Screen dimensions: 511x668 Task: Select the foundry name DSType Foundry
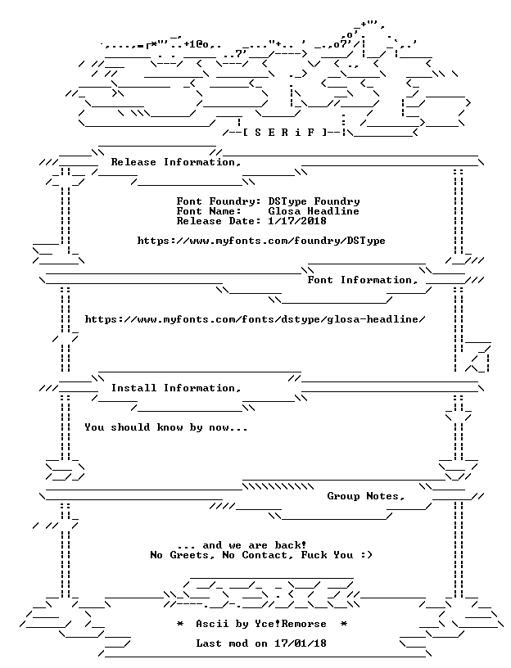click(x=314, y=201)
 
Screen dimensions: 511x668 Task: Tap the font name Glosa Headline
click(x=314, y=211)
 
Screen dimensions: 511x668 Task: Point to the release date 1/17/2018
click(x=297, y=221)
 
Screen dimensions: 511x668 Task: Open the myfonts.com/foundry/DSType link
click(x=261, y=241)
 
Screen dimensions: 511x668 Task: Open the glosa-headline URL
click(x=255, y=319)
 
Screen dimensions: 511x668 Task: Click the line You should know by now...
click(x=165, y=427)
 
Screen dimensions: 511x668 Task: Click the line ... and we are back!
click(x=242, y=545)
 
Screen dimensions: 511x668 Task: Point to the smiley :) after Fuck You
click(x=366, y=555)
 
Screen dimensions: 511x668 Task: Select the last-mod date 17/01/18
click(x=301, y=643)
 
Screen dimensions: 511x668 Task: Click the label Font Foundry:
click(x=219, y=201)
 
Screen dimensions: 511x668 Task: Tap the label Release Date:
click(x=219, y=221)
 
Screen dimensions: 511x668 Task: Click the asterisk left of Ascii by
click(x=180, y=624)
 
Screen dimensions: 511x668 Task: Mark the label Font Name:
click(x=209, y=211)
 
